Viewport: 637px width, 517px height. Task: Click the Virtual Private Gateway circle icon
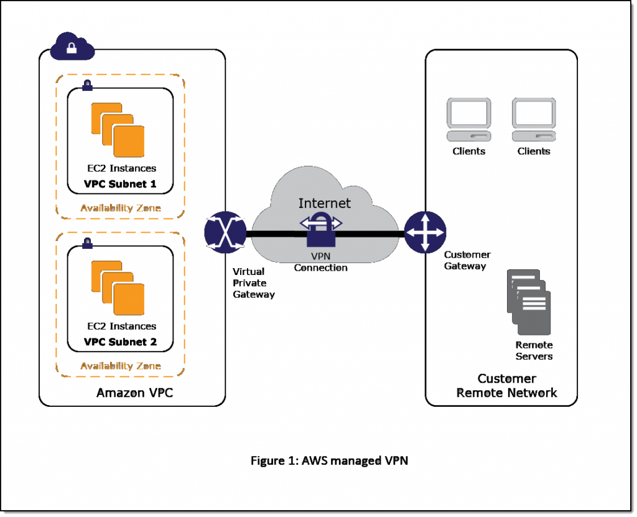225,232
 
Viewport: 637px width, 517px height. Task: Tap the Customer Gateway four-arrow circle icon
425,232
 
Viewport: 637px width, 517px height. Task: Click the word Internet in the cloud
324,203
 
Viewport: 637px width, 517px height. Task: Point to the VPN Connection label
320,262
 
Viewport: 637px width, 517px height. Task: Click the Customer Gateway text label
467,260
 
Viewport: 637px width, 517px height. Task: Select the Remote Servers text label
534,350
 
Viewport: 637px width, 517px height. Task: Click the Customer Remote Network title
506,386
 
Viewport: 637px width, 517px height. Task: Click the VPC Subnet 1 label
120,184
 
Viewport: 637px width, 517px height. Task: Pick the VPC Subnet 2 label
120,342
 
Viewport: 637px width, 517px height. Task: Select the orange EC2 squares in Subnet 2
118,287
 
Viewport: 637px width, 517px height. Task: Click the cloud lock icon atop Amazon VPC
72,47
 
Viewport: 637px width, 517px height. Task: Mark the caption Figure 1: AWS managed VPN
329,460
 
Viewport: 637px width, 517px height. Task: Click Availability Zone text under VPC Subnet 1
120,208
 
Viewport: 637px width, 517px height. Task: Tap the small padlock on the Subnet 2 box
88,241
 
